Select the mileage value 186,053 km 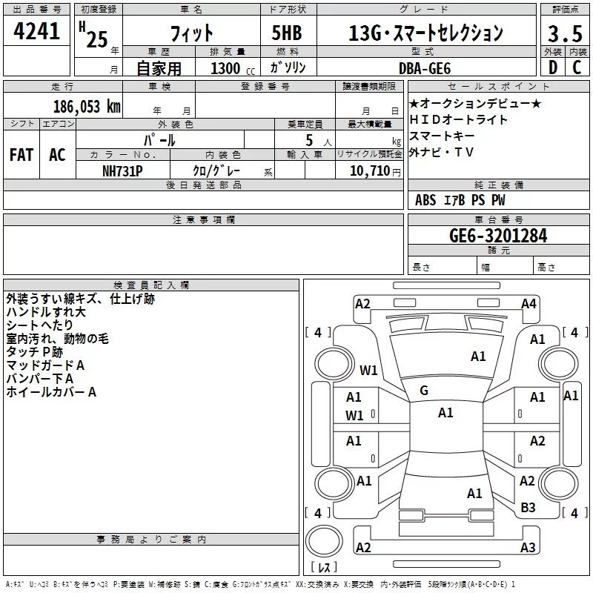tap(87, 106)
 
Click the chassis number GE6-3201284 tap(498, 236)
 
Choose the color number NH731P tap(123, 170)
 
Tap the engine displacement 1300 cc tap(226, 67)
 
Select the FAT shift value tap(21, 154)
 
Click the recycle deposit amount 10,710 tap(368, 170)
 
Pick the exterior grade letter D tap(552, 67)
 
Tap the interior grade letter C tap(576, 67)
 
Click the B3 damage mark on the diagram tap(528, 507)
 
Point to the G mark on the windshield tap(424, 391)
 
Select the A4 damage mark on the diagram tap(529, 303)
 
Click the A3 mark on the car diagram tap(528, 548)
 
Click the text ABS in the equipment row tap(425, 200)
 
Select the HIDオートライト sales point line tap(459, 119)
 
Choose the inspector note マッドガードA tap(45, 365)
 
